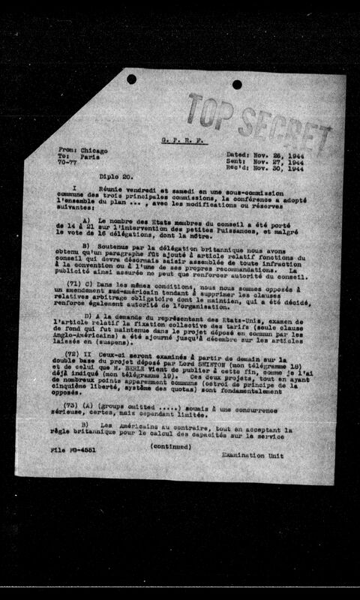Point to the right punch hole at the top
(237, 84)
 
